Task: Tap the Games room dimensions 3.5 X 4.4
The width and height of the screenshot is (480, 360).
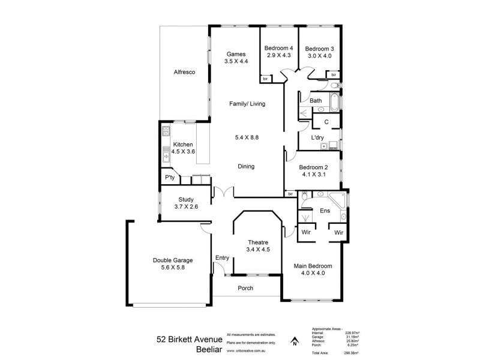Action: (x=236, y=61)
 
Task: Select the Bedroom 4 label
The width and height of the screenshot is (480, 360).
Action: (x=279, y=49)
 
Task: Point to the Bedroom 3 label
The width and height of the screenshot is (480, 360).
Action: (x=319, y=49)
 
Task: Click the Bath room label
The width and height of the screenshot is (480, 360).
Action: (x=316, y=101)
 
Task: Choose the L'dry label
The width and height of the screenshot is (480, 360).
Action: (x=317, y=138)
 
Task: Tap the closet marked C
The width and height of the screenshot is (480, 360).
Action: (x=326, y=122)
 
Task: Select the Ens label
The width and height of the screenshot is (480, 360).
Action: (x=325, y=211)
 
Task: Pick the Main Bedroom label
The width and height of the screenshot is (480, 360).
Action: (x=312, y=266)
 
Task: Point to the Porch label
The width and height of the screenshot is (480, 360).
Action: (x=245, y=289)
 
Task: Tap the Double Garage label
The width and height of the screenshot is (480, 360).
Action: (x=173, y=260)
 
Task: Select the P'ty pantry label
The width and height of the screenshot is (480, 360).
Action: (x=169, y=179)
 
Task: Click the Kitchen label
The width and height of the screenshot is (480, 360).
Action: (x=183, y=145)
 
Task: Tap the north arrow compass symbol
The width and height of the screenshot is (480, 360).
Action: (x=294, y=342)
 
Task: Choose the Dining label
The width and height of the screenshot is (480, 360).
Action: (x=246, y=167)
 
